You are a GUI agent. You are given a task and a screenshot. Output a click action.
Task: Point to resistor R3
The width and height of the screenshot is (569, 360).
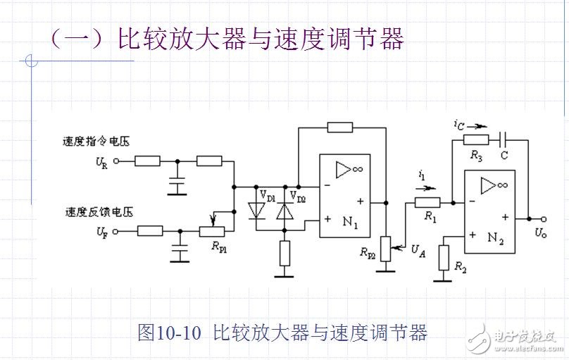pyautogui.click(x=476, y=139)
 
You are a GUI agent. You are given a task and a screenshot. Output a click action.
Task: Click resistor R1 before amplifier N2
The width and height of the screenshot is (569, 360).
pyautogui.click(x=426, y=202)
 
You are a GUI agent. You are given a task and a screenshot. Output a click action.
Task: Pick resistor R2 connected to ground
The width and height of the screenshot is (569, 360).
pyautogui.click(x=443, y=257)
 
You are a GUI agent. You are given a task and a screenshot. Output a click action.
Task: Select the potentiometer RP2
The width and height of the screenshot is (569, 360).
pyautogui.click(x=385, y=248)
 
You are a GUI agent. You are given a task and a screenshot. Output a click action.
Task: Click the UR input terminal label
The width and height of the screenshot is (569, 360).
pyautogui.click(x=102, y=162)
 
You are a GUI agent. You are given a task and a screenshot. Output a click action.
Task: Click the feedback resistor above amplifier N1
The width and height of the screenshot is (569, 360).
pyautogui.click(x=340, y=128)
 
